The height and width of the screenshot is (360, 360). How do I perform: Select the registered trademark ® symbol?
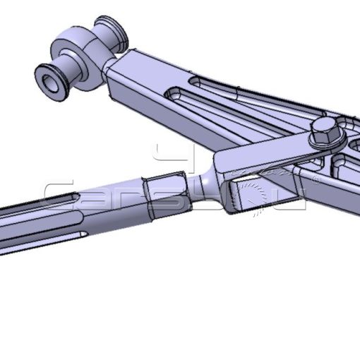point(316,180)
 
